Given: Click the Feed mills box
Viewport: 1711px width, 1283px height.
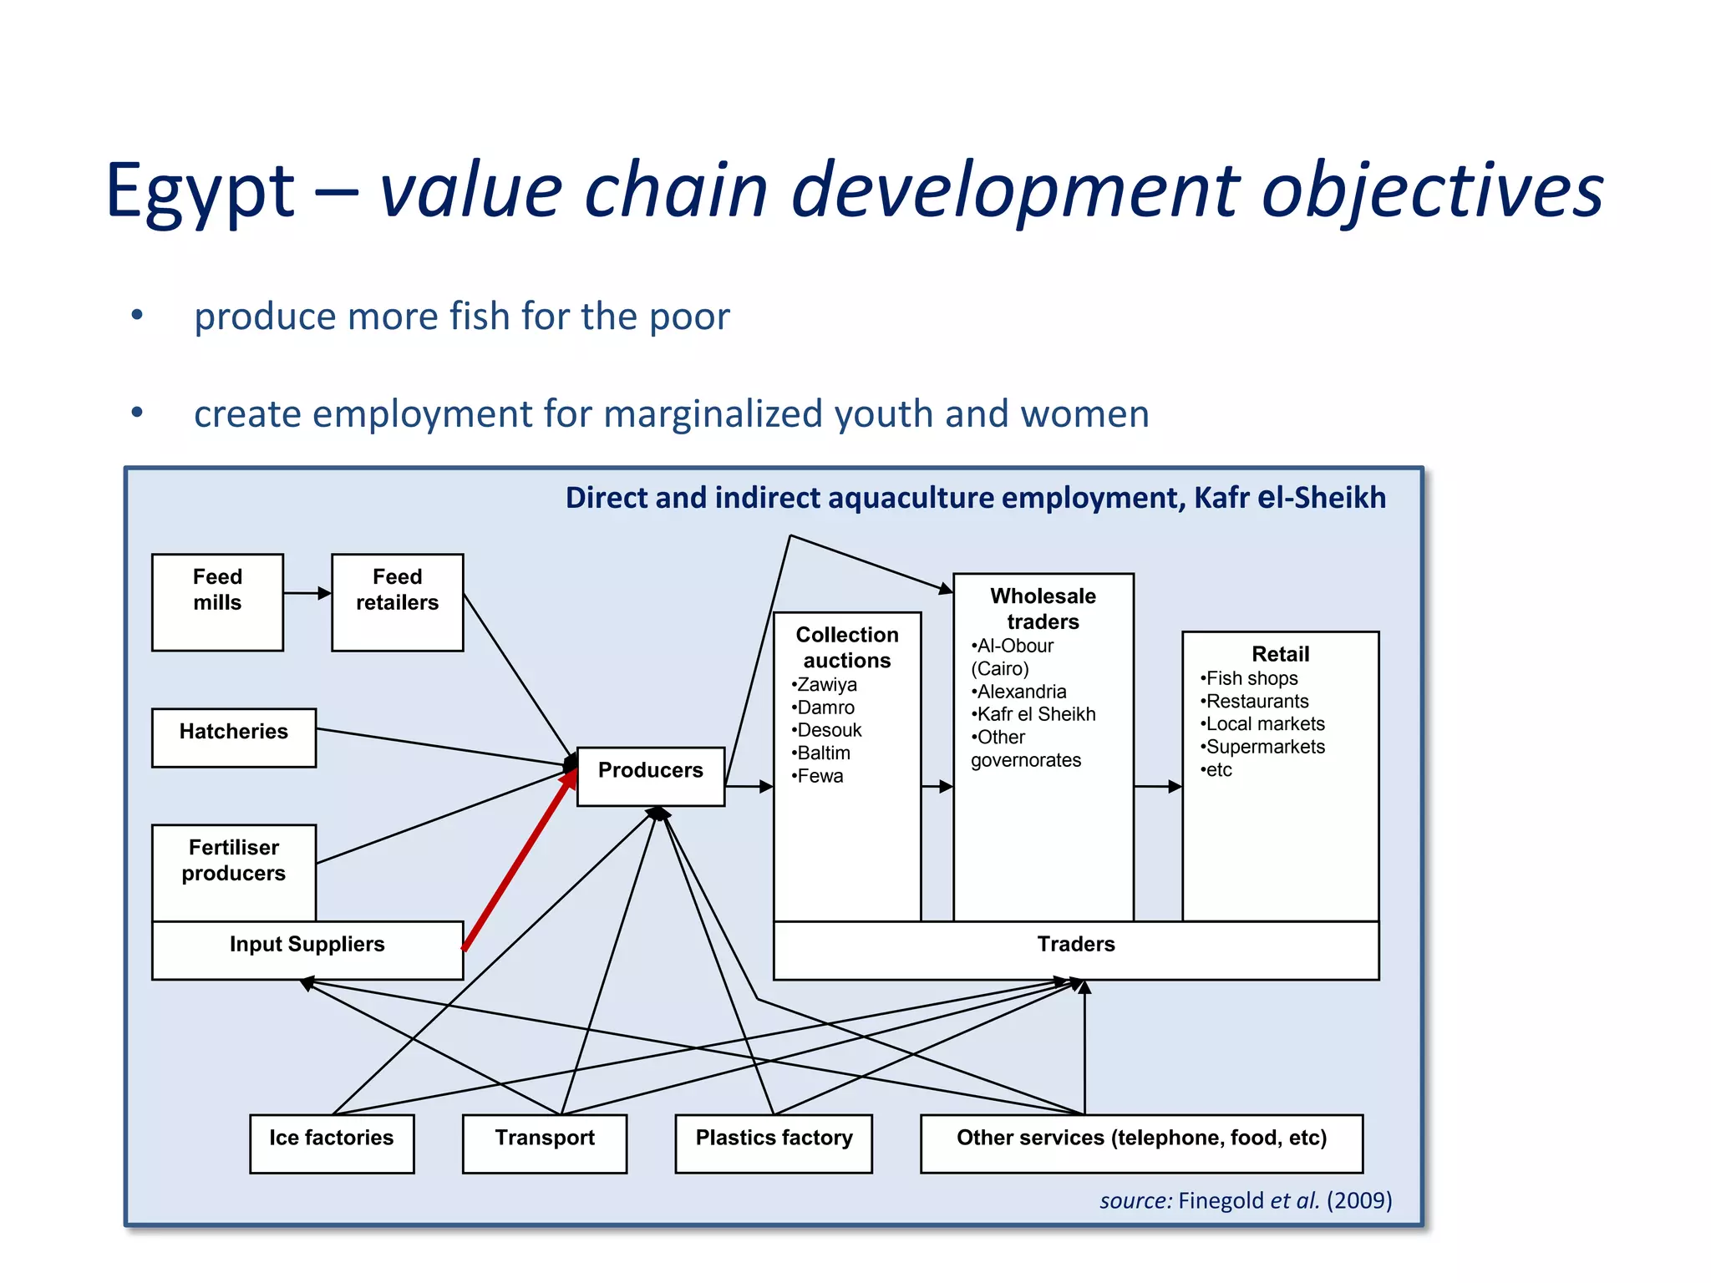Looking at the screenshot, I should pos(217,601).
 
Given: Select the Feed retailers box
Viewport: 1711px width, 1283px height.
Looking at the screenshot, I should pos(397,601).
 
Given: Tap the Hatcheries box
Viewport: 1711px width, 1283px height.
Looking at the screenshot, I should pos(233,737).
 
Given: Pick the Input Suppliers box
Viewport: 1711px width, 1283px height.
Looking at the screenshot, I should pos(307,950).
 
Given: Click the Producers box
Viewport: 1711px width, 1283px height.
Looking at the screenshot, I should pos(650,776).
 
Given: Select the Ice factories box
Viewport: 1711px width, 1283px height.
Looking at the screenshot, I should pos(331,1143).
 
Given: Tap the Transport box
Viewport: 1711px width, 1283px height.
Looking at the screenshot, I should pos(544,1143).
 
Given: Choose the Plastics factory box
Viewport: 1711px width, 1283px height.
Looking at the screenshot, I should pos(773,1143).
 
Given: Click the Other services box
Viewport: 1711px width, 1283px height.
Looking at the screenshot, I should pos(1140,1143).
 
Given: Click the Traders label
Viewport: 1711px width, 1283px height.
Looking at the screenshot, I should pos(1075,945).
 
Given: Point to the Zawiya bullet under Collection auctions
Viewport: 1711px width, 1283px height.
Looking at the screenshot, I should pos(825,685).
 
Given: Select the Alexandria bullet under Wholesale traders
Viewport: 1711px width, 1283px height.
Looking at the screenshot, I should pos(1020,692).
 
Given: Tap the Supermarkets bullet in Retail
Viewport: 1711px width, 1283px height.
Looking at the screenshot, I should pos(1264,747).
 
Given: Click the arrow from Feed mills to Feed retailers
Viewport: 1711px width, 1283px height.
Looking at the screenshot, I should pos(307,593).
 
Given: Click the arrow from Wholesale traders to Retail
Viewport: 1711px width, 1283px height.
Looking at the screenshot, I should pos(1157,786).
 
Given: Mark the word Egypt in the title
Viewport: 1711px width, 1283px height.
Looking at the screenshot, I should pos(200,191).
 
